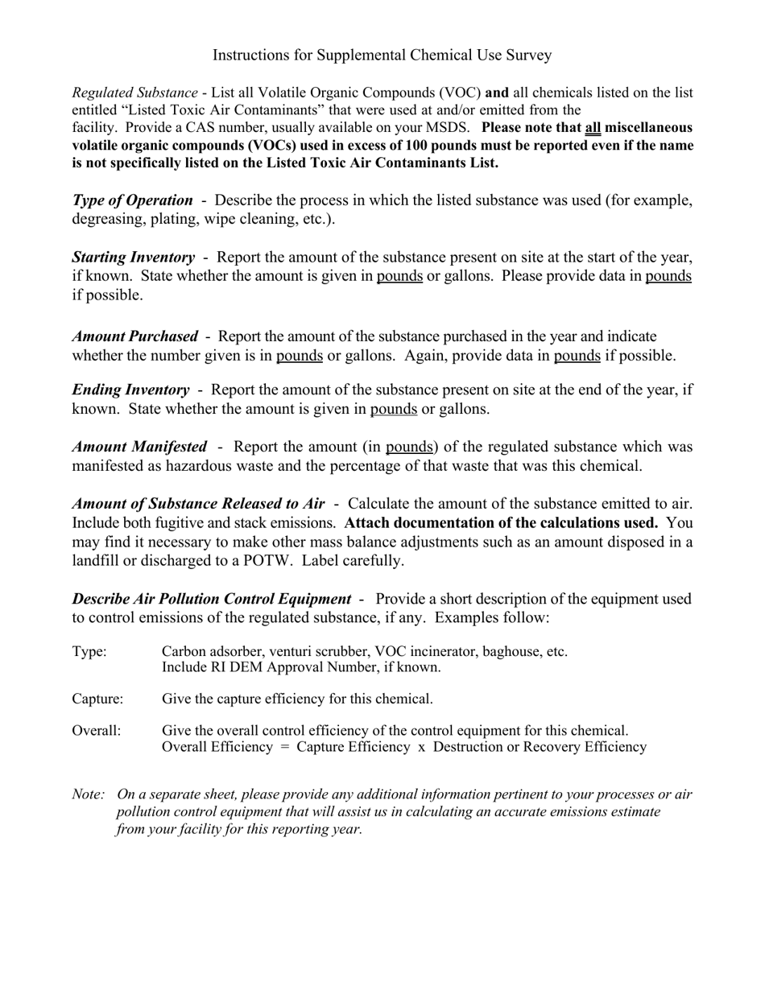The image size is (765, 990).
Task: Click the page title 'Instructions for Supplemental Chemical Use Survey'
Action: click(x=382, y=55)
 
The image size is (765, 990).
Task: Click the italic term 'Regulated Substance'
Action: click(x=134, y=93)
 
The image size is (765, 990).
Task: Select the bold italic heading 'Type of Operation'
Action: click(x=132, y=200)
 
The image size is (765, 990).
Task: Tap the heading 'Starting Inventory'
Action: click(x=133, y=258)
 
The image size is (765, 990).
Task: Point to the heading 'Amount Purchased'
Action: click(x=134, y=336)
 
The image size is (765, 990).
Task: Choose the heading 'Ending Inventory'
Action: click(x=130, y=390)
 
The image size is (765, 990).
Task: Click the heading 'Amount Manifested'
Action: click(x=139, y=447)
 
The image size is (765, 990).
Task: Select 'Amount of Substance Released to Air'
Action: click(x=198, y=504)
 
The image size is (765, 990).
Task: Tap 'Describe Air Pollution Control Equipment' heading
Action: click(x=211, y=600)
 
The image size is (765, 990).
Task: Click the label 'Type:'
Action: click(x=89, y=652)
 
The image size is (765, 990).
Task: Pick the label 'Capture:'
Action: click(x=97, y=699)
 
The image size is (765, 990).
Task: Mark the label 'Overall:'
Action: click(x=96, y=731)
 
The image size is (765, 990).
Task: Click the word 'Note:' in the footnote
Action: click(x=88, y=794)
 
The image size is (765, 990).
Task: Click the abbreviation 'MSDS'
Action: click(x=449, y=128)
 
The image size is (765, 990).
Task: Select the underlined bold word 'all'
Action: click(x=593, y=128)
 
